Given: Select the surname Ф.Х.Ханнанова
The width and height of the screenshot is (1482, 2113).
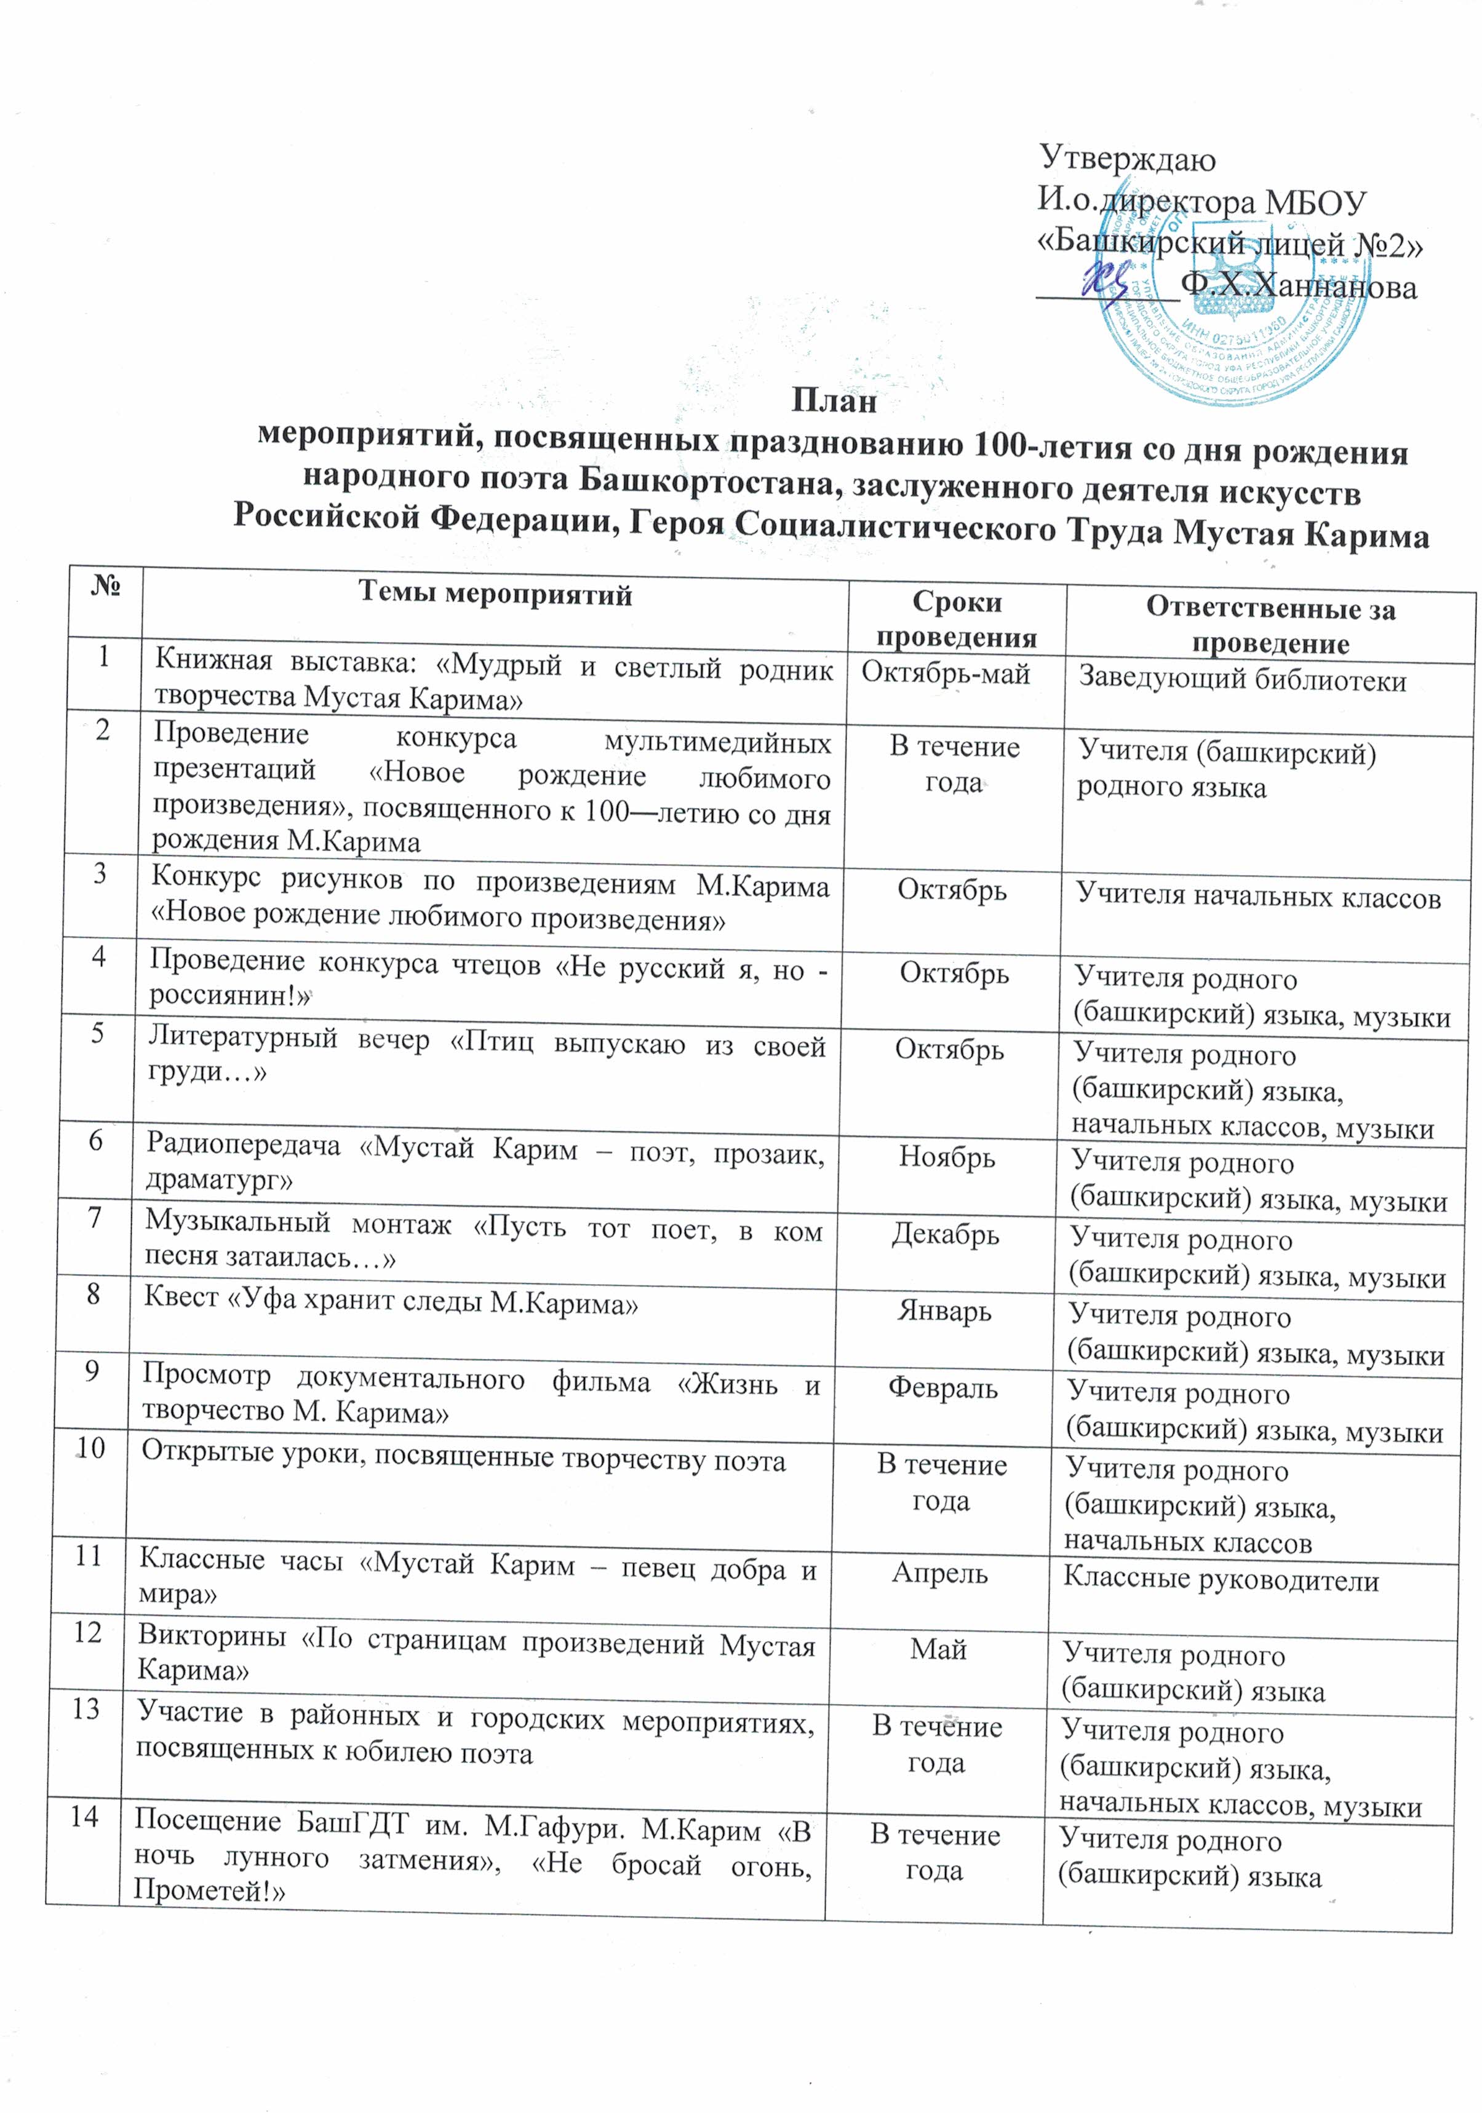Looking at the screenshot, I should (x=1298, y=286).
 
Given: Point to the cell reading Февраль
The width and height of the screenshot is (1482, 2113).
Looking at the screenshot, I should (x=942, y=1388).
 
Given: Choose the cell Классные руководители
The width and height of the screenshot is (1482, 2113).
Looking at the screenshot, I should (x=1221, y=1580).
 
